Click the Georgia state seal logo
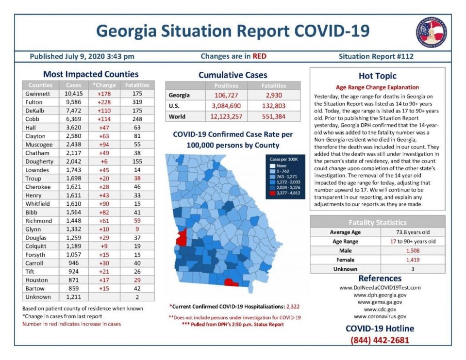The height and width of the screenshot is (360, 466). pos(431,33)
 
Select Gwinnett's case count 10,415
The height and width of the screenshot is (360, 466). pos(74,94)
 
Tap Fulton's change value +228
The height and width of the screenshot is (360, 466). pos(104,102)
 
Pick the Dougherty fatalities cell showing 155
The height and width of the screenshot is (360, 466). pos(137,161)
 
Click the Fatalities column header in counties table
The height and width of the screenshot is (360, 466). pos(137,85)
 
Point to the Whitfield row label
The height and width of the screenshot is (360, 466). pos(37,204)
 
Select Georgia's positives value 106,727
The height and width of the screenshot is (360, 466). pos(226,96)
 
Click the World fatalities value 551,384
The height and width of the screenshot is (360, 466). pos(273,116)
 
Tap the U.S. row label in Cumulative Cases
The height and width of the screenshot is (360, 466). pos(174,106)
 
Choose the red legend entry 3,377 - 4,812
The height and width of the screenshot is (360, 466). pos(285,193)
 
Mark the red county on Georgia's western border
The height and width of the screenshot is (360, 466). pos(181,237)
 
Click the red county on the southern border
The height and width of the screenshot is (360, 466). pos(231,282)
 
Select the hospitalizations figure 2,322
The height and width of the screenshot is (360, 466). pos(293,307)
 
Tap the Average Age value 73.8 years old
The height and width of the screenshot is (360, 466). pos(413,232)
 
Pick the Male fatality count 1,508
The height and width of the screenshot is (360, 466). pos(413,251)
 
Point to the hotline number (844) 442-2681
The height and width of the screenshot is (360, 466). pos(380,340)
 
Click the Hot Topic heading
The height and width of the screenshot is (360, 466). pos(378,76)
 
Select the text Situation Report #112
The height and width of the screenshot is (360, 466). pos(376,56)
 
